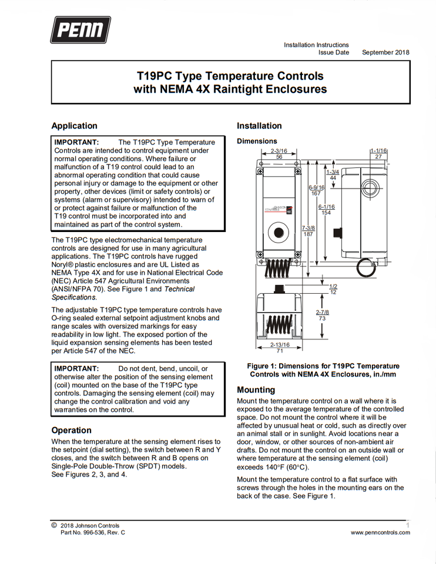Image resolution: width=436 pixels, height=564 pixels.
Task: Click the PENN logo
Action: tap(80, 30)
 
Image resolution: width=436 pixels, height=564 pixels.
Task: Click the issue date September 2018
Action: tap(385, 52)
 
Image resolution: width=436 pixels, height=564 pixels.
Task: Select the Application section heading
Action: tap(74, 126)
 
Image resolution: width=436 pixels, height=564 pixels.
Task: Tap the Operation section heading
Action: tap(71, 430)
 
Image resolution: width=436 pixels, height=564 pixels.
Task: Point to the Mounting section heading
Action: tap(256, 390)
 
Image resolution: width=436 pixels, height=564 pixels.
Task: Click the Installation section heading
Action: tap(259, 126)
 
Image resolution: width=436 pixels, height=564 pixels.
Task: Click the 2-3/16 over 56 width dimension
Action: tap(279, 154)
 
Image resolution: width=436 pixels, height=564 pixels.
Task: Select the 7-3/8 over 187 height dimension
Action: tap(308, 230)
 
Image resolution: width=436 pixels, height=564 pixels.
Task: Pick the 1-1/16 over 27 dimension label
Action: tap(378, 154)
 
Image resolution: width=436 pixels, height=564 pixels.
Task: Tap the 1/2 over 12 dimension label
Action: tap(333, 289)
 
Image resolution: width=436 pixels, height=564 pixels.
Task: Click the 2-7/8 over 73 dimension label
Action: tap(322, 315)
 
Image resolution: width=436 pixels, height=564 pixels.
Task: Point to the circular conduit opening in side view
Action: tap(370, 189)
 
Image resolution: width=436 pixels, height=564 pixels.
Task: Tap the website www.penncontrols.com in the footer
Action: tap(380, 533)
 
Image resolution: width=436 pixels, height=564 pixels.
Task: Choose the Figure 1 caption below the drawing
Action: tap(323, 370)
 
